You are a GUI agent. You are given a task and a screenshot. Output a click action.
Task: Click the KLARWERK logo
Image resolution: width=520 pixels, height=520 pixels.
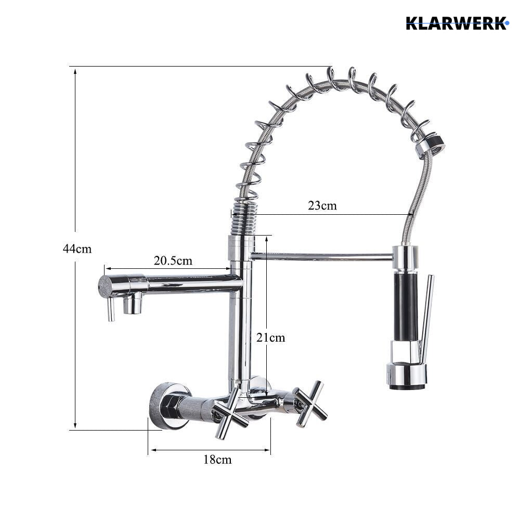coord(457,23)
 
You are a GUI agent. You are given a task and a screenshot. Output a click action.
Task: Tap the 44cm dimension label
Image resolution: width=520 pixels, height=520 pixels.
coord(77,249)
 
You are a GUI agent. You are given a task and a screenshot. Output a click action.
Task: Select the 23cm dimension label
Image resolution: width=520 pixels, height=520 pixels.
coord(322,205)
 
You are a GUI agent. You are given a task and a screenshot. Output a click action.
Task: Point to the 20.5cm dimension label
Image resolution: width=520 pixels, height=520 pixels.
coord(173,261)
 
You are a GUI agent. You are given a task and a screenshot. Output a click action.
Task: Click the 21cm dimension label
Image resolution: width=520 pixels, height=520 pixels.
coord(270,337)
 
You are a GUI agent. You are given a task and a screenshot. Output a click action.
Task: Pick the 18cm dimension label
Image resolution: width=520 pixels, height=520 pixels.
coord(217,460)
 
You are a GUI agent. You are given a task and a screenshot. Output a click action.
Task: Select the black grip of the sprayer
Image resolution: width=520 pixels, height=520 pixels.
coord(405,307)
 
